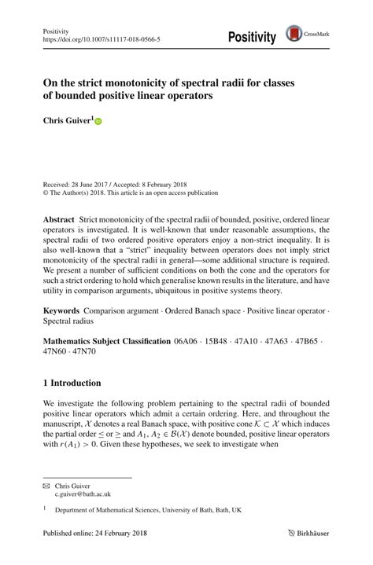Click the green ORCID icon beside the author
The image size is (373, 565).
(98, 122)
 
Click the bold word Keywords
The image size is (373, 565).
(62, 312)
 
